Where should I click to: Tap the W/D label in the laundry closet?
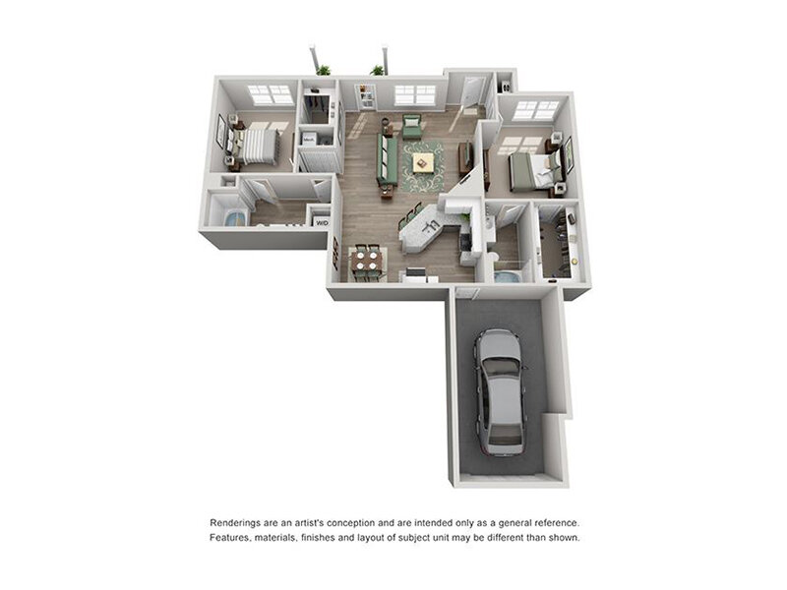[321, 222]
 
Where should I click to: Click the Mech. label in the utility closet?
[308, 140]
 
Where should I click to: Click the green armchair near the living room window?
[412, 126]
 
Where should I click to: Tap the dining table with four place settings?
[365, 261]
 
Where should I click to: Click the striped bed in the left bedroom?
[258, 145]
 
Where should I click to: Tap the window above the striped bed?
[269, 94]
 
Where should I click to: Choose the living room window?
[415, 94]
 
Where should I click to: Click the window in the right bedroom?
[535, 110]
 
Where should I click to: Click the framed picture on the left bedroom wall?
[221, 130]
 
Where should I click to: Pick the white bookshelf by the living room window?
[366, 96]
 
